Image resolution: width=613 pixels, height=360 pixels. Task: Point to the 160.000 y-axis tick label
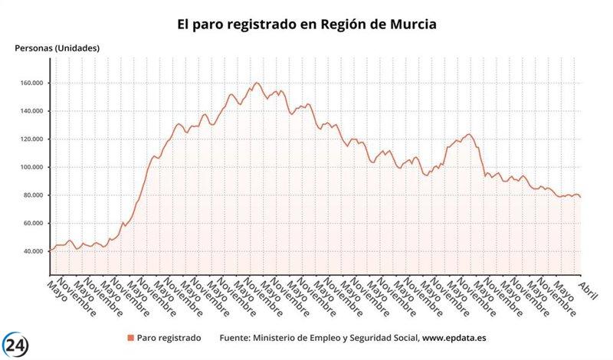pos(32,83)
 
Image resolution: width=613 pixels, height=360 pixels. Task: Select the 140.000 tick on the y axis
pos(32,111)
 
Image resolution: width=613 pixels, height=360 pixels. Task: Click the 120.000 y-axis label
pos(32,139)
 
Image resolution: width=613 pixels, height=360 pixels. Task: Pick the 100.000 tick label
pos(32,167)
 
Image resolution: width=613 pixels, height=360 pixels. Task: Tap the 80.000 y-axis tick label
pos(34,195)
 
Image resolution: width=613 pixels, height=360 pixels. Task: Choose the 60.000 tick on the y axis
pos(34,223)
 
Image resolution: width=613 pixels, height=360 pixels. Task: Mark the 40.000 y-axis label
pos(34,251)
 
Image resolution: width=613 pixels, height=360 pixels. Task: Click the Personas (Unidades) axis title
pos(57,47)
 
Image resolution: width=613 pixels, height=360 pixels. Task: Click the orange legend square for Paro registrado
pos(130,338)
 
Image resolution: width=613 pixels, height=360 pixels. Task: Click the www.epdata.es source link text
pos(459,338)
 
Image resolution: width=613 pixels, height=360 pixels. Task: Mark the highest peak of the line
pos(257,83)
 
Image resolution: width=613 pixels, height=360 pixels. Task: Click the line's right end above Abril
pos(580,197)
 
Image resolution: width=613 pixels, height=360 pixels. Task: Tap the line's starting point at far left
pos(50,250)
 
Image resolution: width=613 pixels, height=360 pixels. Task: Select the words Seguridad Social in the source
pos(383,338)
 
